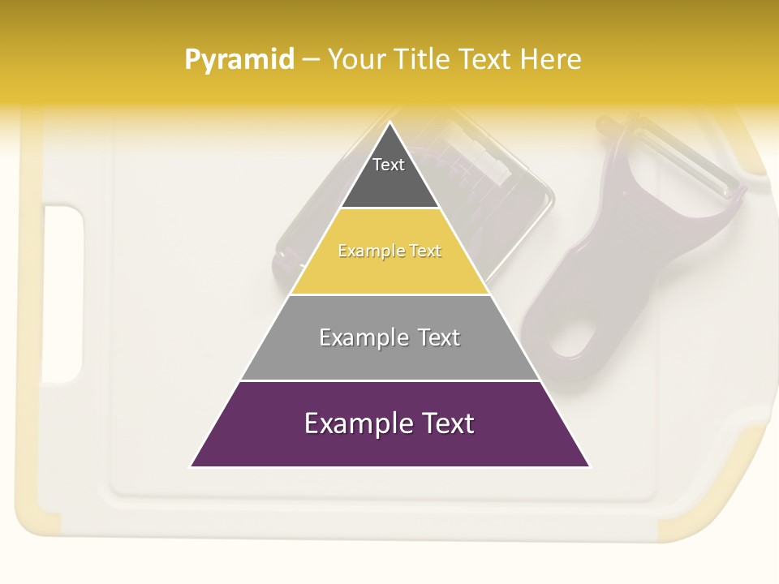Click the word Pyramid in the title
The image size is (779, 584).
(x=239, y=60)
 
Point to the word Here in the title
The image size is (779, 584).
(x=551, y=60)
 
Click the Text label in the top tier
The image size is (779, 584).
(x=389, y=165)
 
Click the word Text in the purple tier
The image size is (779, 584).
(x=447, y=423)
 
